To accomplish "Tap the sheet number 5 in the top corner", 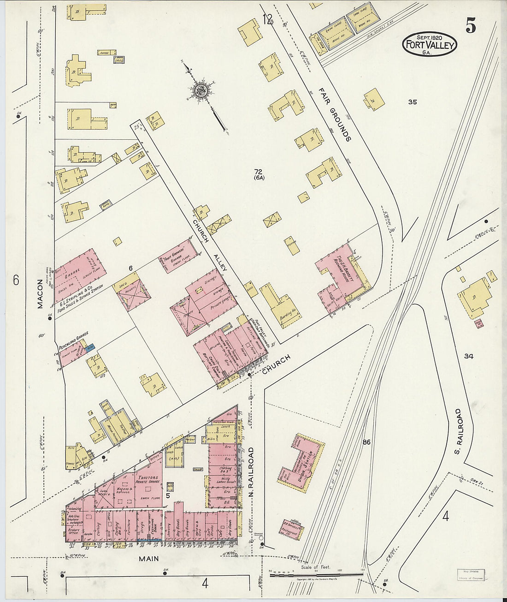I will click(470, 27).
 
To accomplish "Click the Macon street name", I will click(40, 293).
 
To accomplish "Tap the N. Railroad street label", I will click(251, 471).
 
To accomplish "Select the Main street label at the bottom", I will click(148, 559).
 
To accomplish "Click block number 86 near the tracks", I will click(366, 442).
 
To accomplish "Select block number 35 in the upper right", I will click(412, 102).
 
